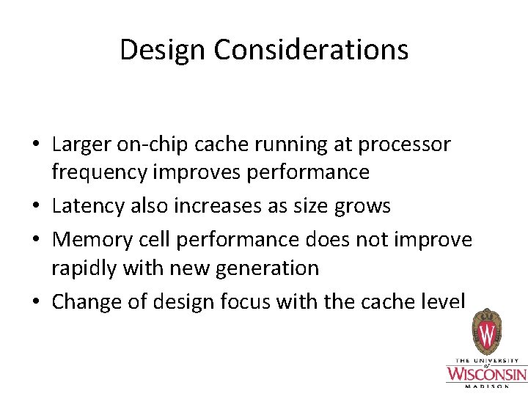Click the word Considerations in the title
(x=311, y=50)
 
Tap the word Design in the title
(x=163, y=50)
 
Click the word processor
(x=404, y=144)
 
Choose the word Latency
(x=89, y=206)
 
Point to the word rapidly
(x=81, y=268)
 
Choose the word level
(x=443, y=301)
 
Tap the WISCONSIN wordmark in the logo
(x=486, y=375)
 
